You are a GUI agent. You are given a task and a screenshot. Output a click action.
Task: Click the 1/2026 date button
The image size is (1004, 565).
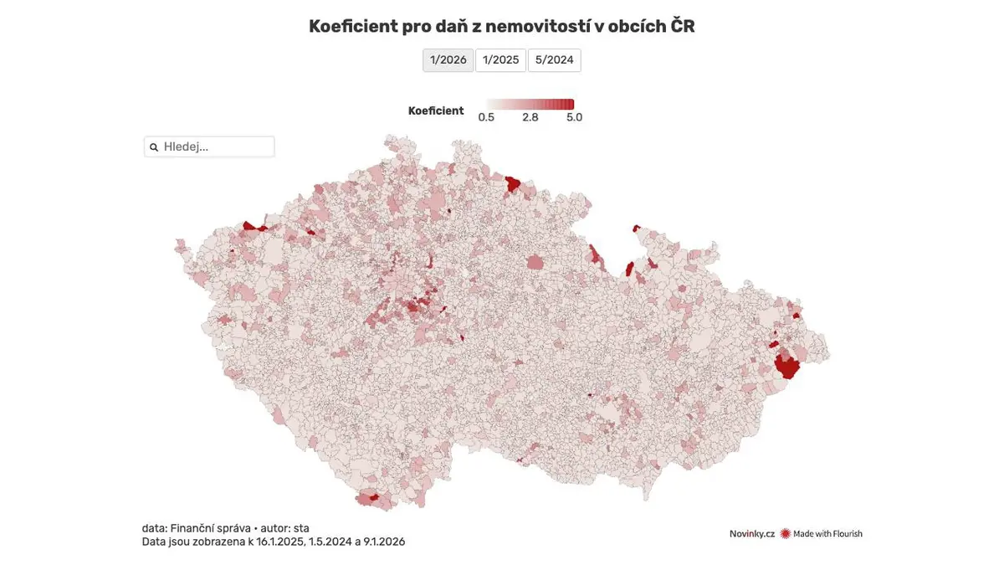[x=448, y=60]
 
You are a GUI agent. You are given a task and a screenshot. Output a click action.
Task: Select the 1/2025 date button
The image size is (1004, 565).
[x=500, y=60]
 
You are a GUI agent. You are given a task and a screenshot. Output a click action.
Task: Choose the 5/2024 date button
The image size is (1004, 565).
[x=554, y=60]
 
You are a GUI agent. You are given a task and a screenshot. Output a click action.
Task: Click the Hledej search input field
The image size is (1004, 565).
[x=216, y=146]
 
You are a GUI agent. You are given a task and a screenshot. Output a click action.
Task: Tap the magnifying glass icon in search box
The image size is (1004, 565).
[x=154, y=147]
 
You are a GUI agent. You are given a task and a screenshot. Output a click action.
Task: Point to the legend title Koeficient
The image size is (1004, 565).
[x=436, y=110]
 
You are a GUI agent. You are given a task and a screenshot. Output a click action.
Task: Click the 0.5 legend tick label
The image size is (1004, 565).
[x=486, y=117]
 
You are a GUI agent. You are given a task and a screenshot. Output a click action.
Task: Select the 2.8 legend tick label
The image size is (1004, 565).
[x=530, y=117]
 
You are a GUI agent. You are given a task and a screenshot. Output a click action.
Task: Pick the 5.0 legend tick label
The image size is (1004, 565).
[x=574, y=117]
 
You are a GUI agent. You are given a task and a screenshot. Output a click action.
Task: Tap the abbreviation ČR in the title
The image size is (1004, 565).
[x=682, y=26]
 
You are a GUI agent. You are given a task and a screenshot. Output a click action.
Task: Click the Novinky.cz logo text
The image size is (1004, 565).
[x=751, y=533]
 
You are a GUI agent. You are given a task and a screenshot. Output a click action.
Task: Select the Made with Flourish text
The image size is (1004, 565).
[x=827, y=533]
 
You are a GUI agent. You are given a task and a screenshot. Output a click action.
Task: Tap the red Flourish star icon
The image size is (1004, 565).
[x=786, y=533]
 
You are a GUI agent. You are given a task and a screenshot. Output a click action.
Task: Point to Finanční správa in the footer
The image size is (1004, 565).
[x=210, y=528]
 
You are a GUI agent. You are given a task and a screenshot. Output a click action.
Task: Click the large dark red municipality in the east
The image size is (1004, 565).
[x=786, y=367]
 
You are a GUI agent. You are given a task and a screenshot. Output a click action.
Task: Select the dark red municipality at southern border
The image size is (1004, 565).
[x=373, y=498]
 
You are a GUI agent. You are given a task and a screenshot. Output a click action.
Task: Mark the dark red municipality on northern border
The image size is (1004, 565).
[x=513, y=183]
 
